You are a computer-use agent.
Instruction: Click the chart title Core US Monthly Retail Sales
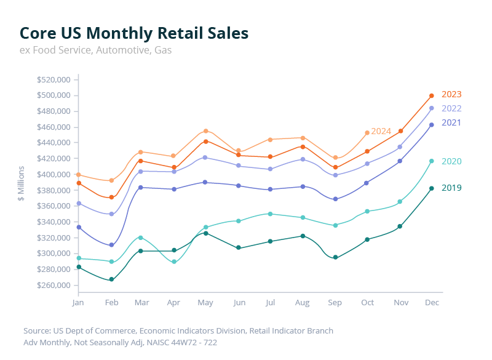(x=134, y=33)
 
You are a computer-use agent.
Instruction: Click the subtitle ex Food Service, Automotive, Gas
(x=95, y=50)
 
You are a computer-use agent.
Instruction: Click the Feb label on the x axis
(x=111, y=303)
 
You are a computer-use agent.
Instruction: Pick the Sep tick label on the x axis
(x=335, y=303)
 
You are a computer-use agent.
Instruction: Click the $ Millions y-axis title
(x=22, y=183)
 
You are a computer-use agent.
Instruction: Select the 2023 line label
(x=451, y=94)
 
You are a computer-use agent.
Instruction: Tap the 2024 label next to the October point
(x=381, y=131)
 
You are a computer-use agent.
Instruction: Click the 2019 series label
(x=451, y=188)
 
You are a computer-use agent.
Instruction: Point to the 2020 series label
(x=451, y=161)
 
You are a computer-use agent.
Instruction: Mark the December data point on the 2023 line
(x=432, y=95)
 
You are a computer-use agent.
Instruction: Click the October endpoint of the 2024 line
(x=367, y=133)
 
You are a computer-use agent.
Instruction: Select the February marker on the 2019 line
(x=111, y=280)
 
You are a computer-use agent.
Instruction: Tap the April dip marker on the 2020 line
(x=174, y=262)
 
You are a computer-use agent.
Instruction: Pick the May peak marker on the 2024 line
(x=206, y=131)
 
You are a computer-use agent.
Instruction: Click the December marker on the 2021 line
(x=432, y=125)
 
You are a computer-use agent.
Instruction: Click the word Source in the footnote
(x=36, y=330)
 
